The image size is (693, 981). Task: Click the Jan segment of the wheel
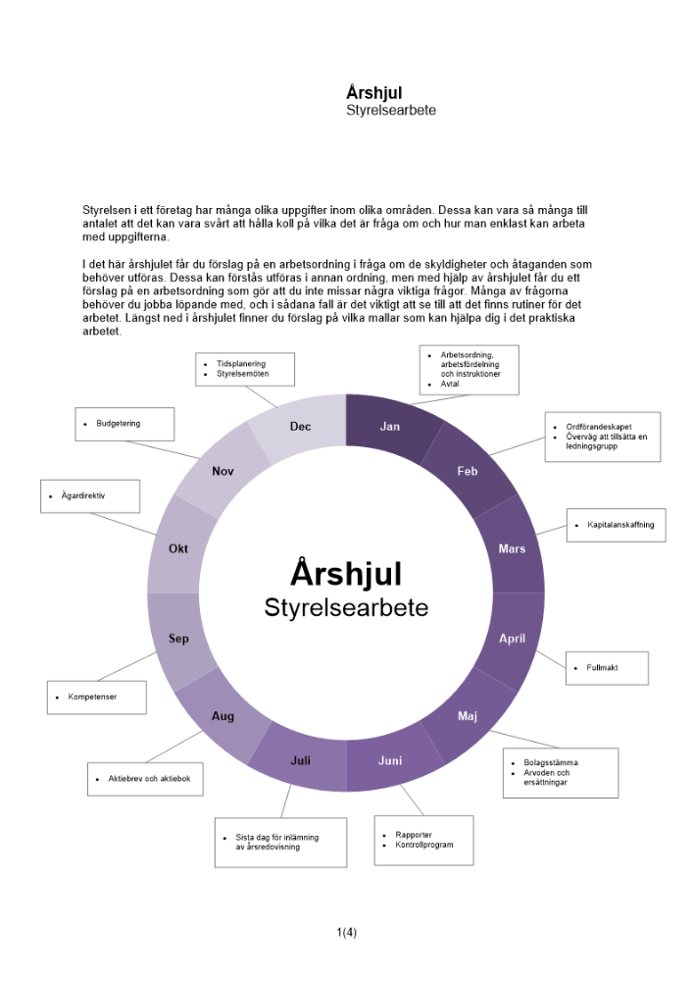[x=390, y=427]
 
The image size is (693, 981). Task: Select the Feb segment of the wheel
[x=468, y=471]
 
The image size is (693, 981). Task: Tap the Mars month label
[x=512, y=548]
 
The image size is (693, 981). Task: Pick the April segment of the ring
[x=513, y=639]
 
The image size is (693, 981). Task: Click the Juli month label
[x=301, y=760]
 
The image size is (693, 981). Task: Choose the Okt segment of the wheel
[x=178, y=548]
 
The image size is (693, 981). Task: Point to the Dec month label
[x=300, y=427]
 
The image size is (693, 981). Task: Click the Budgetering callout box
[x=124, y=424]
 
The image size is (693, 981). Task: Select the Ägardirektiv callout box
[x=90, y=496]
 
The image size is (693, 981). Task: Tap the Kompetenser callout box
[x=97, y=697]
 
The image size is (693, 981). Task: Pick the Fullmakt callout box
[x=607, y=668]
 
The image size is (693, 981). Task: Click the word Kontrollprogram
[x=424, y=845]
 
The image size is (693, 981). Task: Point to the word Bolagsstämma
[x=551, y=762]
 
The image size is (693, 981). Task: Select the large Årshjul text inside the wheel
[x=346, y=573]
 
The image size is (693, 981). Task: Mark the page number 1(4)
[x=346, y=932]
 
